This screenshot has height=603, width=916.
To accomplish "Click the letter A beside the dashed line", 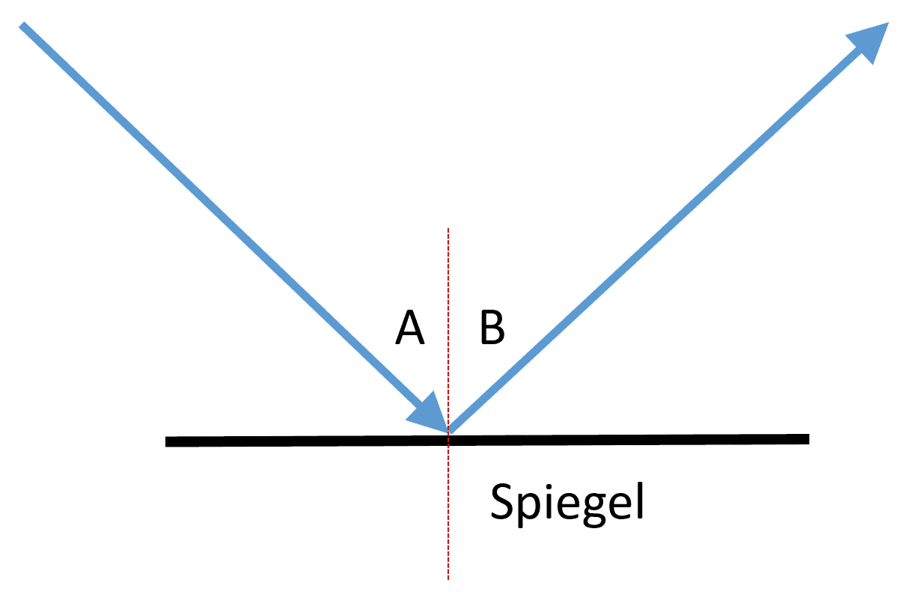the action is [x=410, y=327].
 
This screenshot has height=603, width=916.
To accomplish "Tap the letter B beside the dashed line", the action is [x=492, y=327].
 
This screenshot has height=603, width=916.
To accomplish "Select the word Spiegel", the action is [x=567, y=503].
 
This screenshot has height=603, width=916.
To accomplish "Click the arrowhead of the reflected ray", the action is [x=871, y=40].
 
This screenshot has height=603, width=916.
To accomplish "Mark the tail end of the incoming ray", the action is [x=22, y=25].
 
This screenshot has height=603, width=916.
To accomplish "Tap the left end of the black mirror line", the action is [x=165, y=441].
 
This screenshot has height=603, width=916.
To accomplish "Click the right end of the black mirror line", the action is [x=809, y=438].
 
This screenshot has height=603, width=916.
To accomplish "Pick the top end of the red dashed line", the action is [x=448, y=228].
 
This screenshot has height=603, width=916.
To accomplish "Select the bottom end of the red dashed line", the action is [x=448, y=579].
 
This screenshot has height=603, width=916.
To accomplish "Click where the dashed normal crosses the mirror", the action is [x=448, y=441].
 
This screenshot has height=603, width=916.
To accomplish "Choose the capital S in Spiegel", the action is [x=501, y=501].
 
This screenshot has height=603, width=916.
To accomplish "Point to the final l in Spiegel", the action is [x=641, y=501].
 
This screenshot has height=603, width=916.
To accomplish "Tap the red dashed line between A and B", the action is [x=448, y=327].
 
